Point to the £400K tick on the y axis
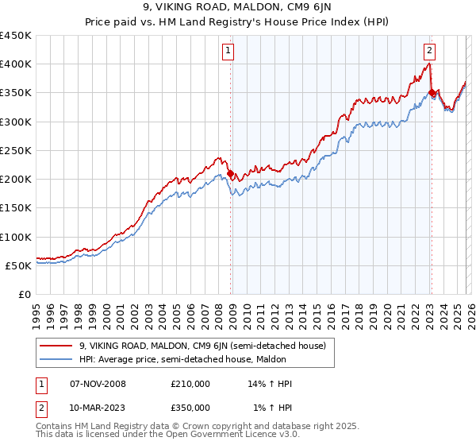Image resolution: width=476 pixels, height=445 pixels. [16, 64]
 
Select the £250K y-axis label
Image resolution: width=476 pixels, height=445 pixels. [16, 150]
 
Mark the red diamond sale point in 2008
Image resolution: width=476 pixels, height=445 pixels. [231, 173]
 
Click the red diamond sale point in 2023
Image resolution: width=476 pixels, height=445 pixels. [432, 93]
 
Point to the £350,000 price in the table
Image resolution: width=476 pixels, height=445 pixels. [190, 408]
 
